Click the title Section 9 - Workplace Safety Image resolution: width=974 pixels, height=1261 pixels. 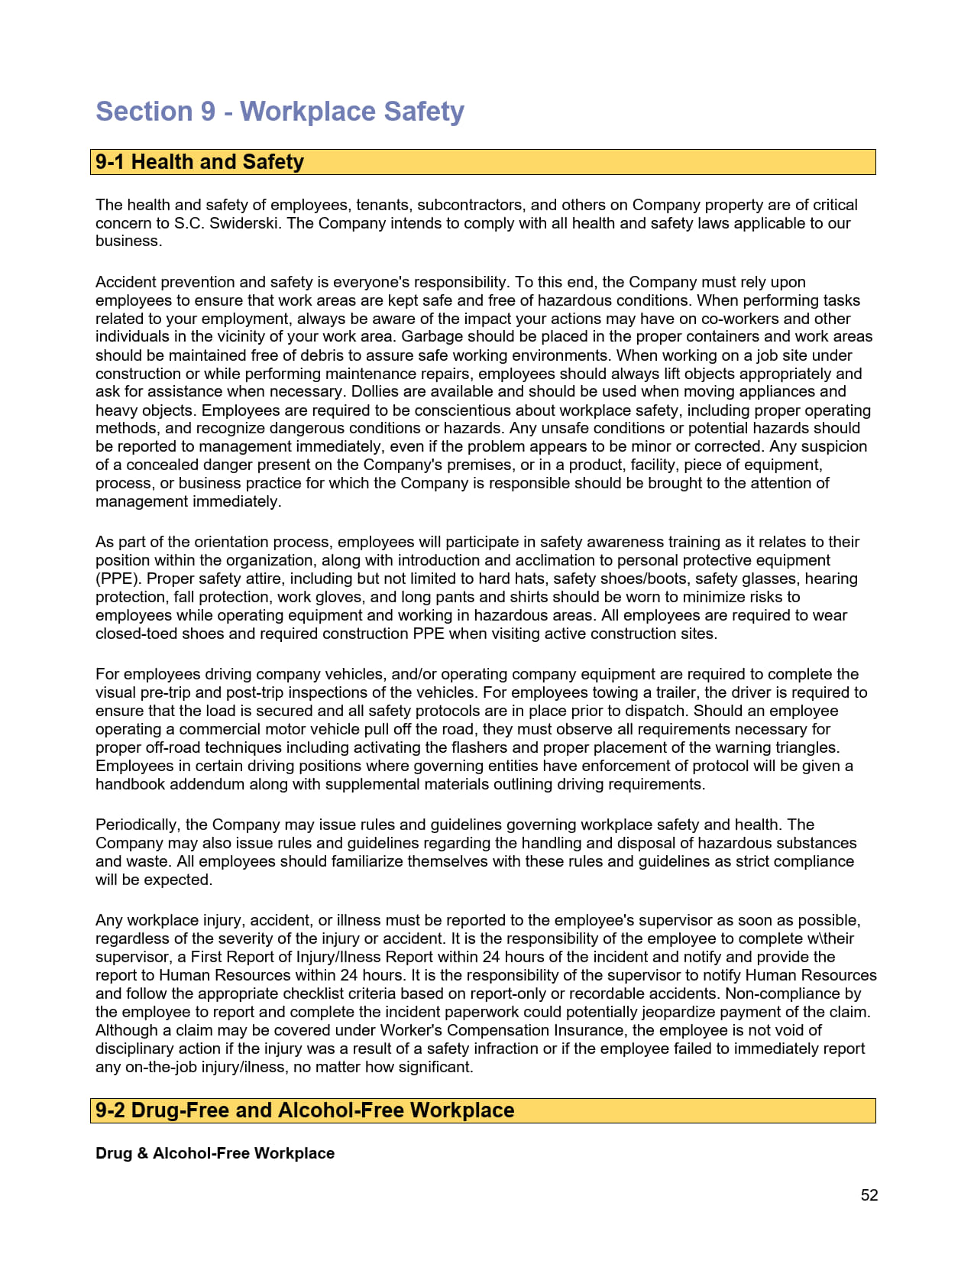pyautogui.click(x=280, y=112)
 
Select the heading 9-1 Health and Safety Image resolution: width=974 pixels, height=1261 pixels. pyautogui.click(x=199, y=162)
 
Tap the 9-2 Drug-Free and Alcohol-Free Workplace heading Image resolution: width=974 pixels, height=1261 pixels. pyautogui.click(x=305, y=1110)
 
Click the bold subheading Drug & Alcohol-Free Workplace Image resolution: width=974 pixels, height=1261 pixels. pyautogui.click(x=215, y=1153)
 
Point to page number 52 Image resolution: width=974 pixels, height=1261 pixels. pyautogui.click(x=869, y=1195)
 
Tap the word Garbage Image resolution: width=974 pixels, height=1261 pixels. pyautogui.click(x=432, y=337)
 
